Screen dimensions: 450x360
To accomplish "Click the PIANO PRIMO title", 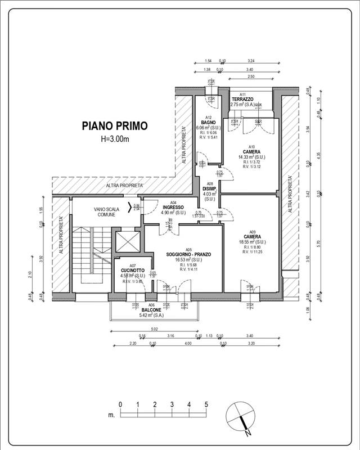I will [x=115, y=126].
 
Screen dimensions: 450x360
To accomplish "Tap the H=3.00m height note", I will [x=115, y=138].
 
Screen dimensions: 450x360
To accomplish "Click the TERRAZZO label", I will [x=243, y=100].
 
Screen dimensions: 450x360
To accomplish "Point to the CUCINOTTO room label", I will [x=133, y=270].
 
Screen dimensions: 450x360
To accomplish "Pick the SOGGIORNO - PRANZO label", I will [x=188, y=254].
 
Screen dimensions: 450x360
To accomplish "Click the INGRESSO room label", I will [x=173, y=207].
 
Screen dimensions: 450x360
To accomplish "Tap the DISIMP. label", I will [x=210, y=189].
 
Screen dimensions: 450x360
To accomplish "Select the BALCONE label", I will [x=151, y=310].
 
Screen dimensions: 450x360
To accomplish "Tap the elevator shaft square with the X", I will [x=125, y=241].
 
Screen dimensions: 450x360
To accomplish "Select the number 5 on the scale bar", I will [x=206, y=404].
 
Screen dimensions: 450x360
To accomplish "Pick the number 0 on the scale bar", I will [x=120, y=404].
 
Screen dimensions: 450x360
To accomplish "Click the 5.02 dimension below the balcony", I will [x=154, y=329].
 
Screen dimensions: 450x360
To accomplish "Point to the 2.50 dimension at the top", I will [x=251, y=76].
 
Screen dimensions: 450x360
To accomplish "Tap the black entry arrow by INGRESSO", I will [x=133, y=206].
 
